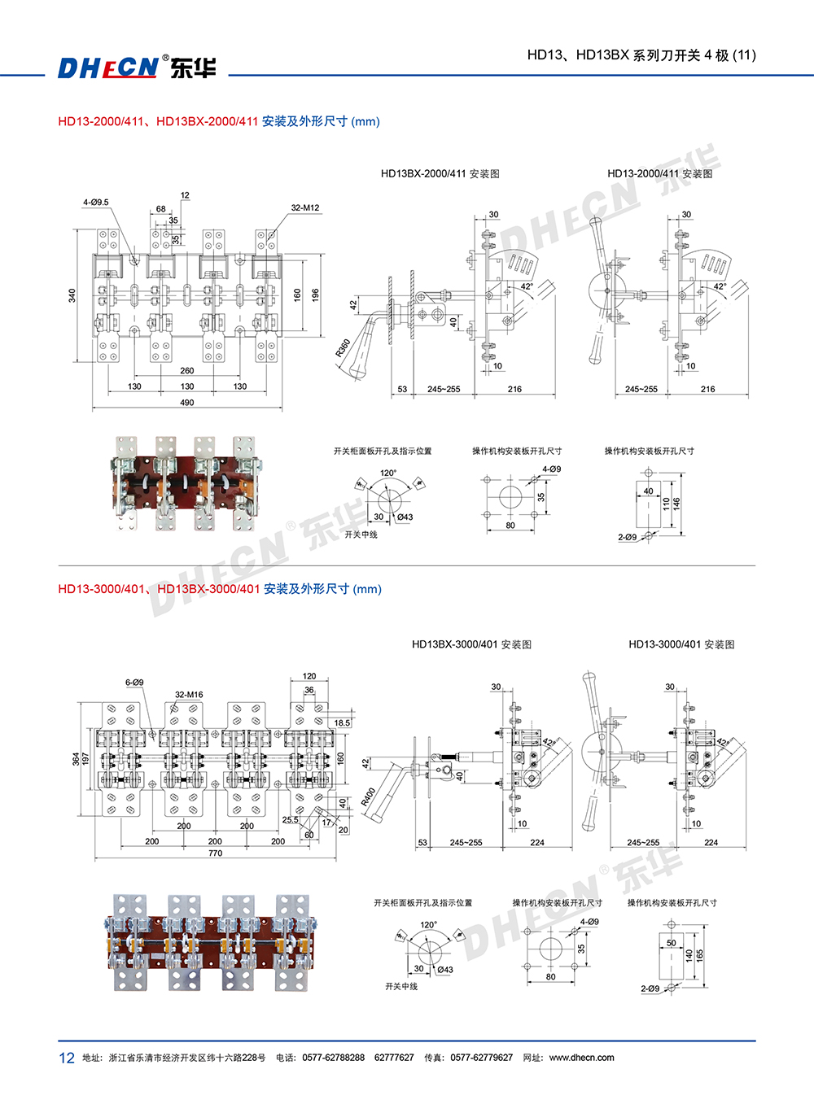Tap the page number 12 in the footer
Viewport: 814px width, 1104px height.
coord(67,1058)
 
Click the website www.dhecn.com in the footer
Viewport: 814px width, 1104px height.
coord(581,1058)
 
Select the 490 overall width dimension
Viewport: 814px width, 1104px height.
coord(187,403)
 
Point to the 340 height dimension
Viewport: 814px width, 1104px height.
coord(72,295)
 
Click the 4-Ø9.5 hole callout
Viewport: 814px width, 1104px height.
coord(95,202)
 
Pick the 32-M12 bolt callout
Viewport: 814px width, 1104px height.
coord(305,208)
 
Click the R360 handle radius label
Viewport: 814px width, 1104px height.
coord(343,347)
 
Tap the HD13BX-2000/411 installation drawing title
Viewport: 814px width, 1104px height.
coord(440,173)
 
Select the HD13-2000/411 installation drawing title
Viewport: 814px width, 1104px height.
coord(659,173)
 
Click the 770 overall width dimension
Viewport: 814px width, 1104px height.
coord(215,853)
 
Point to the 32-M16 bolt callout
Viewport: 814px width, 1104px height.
coord(189,695)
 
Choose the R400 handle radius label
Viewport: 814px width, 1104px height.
coord(368,796)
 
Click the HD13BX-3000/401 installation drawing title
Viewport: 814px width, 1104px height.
coord(471,644)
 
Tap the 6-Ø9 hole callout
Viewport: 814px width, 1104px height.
coord(134,683)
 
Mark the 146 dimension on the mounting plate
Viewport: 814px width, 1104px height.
coord(676,504)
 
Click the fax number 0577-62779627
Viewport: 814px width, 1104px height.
coord(481,1058)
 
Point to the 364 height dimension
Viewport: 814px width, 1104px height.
coord(76,758)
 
